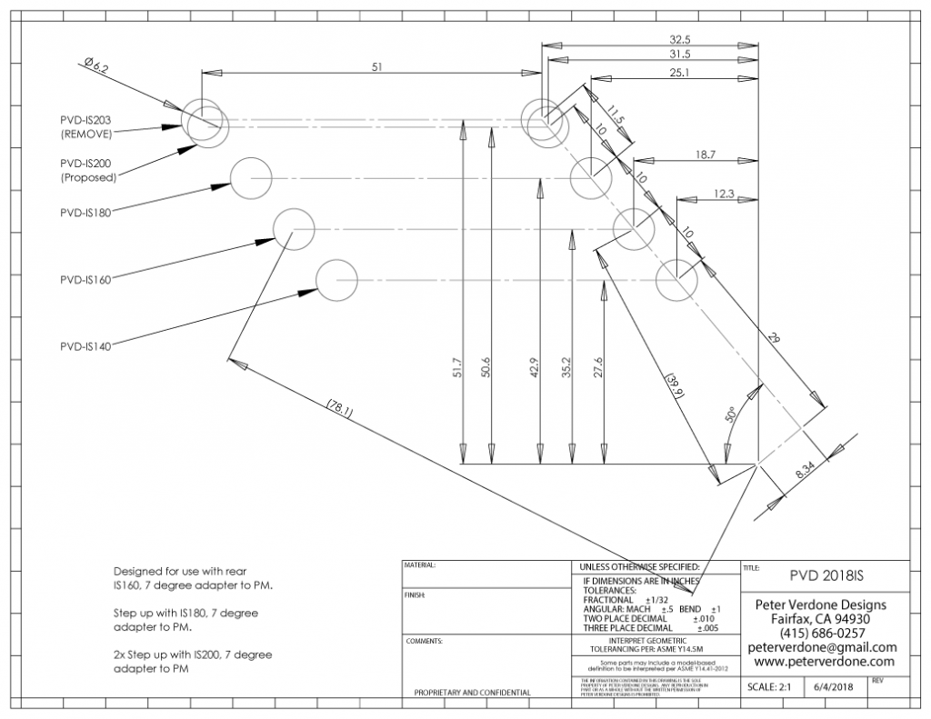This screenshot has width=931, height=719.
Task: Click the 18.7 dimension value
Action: point(706,155)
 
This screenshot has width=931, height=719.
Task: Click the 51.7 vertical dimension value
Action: point(457,366)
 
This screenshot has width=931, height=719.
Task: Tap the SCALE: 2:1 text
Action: point(769,687)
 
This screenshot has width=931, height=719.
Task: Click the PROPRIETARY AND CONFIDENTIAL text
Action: point(473,693)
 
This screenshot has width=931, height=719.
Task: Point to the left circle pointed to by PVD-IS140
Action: point(335,278)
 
